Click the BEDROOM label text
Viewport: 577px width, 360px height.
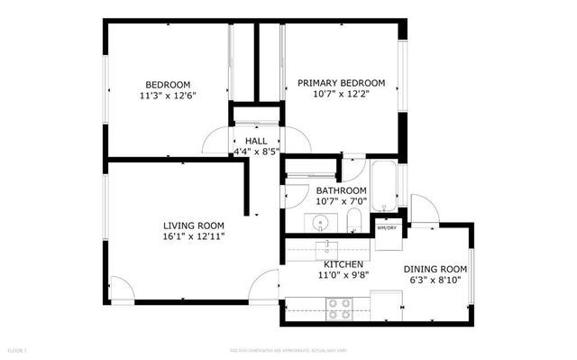(x=167, y=84)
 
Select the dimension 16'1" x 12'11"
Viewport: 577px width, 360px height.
(x=193, y=236)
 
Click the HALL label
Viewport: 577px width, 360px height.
(x=255, y=142)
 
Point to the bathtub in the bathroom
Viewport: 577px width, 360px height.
(x=382, y=184)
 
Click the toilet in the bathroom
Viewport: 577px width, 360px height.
(x=355, y=222)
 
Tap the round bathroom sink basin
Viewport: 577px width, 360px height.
(x=321, y=221)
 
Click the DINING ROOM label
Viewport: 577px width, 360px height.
(x=435, y=269)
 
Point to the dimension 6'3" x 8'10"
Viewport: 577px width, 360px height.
(x=435, y=280)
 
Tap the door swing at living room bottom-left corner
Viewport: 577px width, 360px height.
(x=121, y=287)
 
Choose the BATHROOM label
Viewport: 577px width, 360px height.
(x=341, y=190)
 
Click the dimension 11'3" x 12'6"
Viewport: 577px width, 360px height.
(x=167, y=95)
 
